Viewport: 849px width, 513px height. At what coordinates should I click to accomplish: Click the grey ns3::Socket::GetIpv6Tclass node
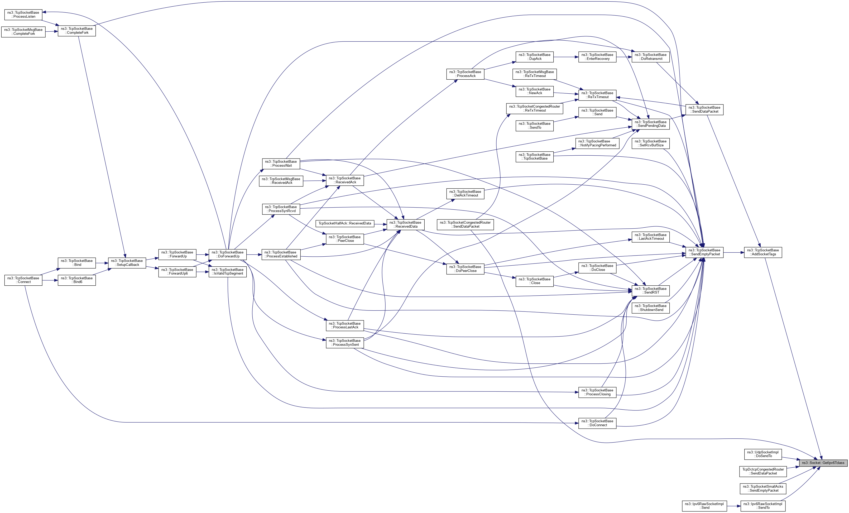823,463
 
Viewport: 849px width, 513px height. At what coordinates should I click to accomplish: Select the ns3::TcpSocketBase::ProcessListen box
23,15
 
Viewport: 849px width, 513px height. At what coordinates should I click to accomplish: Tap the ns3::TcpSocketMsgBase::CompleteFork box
23,32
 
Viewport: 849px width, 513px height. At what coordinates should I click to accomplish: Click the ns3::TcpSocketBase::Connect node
23,280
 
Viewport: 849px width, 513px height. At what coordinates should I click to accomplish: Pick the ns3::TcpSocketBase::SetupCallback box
127,263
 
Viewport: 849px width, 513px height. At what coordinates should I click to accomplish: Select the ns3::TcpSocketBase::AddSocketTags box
762,252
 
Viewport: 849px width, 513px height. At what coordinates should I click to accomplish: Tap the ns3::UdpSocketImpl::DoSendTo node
762,454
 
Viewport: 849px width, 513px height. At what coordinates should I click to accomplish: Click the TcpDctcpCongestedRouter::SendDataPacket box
763,471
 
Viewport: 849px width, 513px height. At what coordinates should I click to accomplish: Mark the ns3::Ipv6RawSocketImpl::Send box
704,506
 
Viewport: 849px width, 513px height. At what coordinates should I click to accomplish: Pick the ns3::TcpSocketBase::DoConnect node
597,423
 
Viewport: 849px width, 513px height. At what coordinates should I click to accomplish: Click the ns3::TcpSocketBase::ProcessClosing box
597,392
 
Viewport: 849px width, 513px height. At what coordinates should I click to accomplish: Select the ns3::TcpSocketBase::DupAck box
534,57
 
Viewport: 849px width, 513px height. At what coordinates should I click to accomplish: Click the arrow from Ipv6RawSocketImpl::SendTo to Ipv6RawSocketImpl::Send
733,506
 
